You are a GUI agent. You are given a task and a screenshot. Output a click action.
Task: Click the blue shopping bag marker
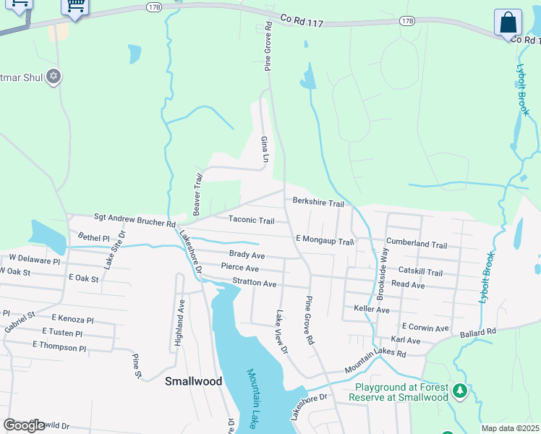[x=508, y=23]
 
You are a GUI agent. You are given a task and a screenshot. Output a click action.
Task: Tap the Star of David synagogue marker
[x=53, y=75]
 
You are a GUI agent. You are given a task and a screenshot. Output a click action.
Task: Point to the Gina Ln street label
[x=265, y=148]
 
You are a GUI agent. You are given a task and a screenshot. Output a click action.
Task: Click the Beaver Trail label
[x=197, y=193]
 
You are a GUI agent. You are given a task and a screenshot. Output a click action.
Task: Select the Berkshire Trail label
[x=318, y=203]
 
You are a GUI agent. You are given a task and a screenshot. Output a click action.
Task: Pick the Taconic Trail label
[x=252, y=220]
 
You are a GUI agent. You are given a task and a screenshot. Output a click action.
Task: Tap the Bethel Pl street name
[x=93, y=237]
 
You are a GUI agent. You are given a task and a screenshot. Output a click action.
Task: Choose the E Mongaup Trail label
[x=325, y=239]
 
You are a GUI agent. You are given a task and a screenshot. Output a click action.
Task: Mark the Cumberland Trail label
[x=417, y=244]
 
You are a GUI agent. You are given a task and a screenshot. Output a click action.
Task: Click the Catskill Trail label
[x=420, y=272]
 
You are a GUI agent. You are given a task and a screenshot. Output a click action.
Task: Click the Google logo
[x=25, y=425]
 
